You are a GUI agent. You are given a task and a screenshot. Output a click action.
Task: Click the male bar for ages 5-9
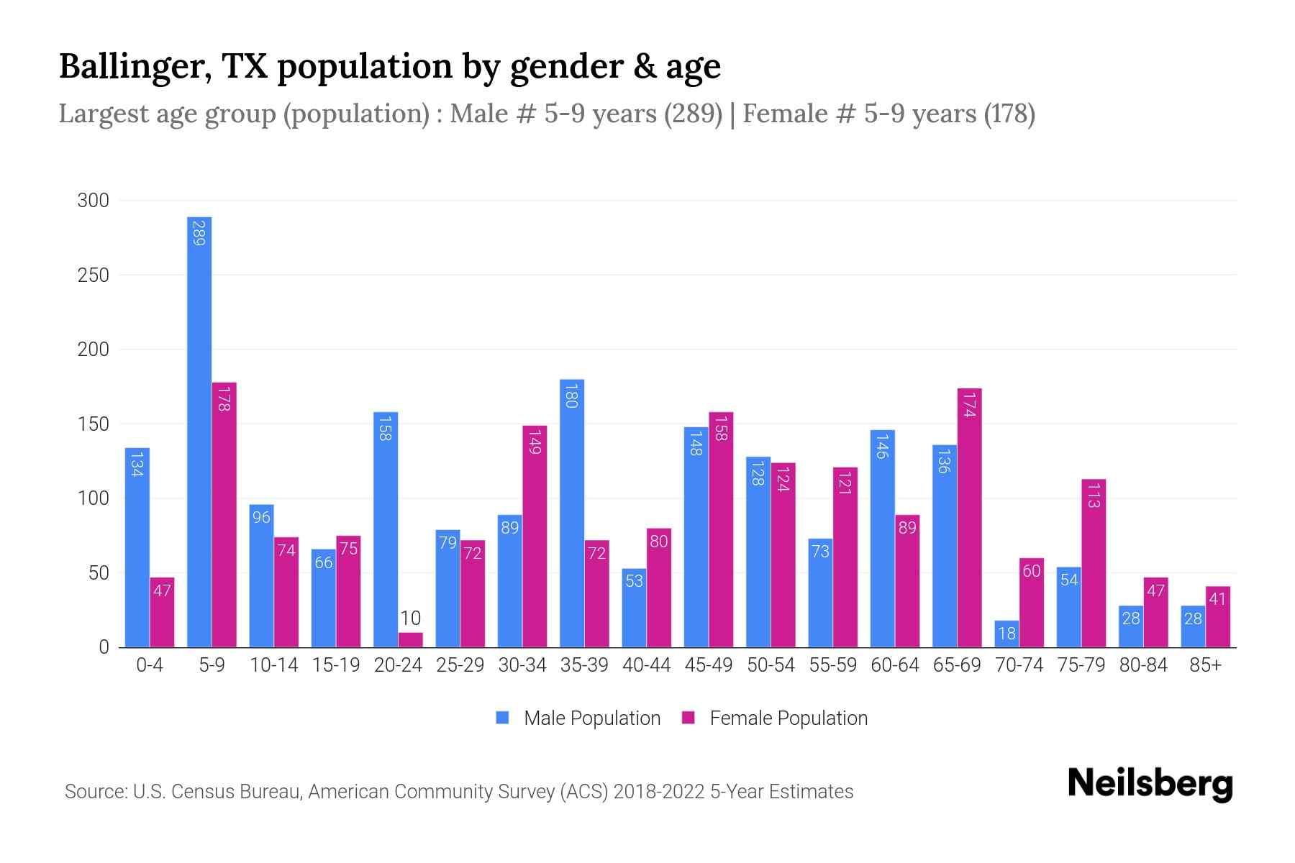[199, 431]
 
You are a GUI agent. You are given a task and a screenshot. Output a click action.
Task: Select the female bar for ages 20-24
[410, 640]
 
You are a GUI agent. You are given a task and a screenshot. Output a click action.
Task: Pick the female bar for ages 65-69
[969, 518]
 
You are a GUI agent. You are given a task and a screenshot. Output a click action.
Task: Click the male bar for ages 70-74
[1007, 634]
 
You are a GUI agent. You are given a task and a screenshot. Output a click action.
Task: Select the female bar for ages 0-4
[162, 612]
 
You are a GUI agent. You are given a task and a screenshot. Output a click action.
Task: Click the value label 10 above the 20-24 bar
[410, 618]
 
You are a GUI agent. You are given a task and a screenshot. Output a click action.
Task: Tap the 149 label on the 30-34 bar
[535, 441]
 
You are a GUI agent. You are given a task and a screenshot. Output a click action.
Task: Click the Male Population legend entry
[578, 718]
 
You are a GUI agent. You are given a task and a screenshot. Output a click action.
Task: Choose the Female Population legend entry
[775, 718]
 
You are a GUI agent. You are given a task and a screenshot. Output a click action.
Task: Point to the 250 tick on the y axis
[93, 275]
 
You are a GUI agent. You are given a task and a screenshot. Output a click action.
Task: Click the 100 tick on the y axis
[93, 498]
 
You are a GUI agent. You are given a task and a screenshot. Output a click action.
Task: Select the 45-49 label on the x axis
[708, 665]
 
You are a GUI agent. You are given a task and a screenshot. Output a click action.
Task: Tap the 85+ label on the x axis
[1205, 665]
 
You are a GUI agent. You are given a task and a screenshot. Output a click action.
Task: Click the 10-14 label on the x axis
[273, 665]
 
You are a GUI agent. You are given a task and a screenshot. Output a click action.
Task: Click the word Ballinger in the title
[135, 67]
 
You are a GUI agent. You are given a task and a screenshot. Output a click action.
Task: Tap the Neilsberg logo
[1150, 784]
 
